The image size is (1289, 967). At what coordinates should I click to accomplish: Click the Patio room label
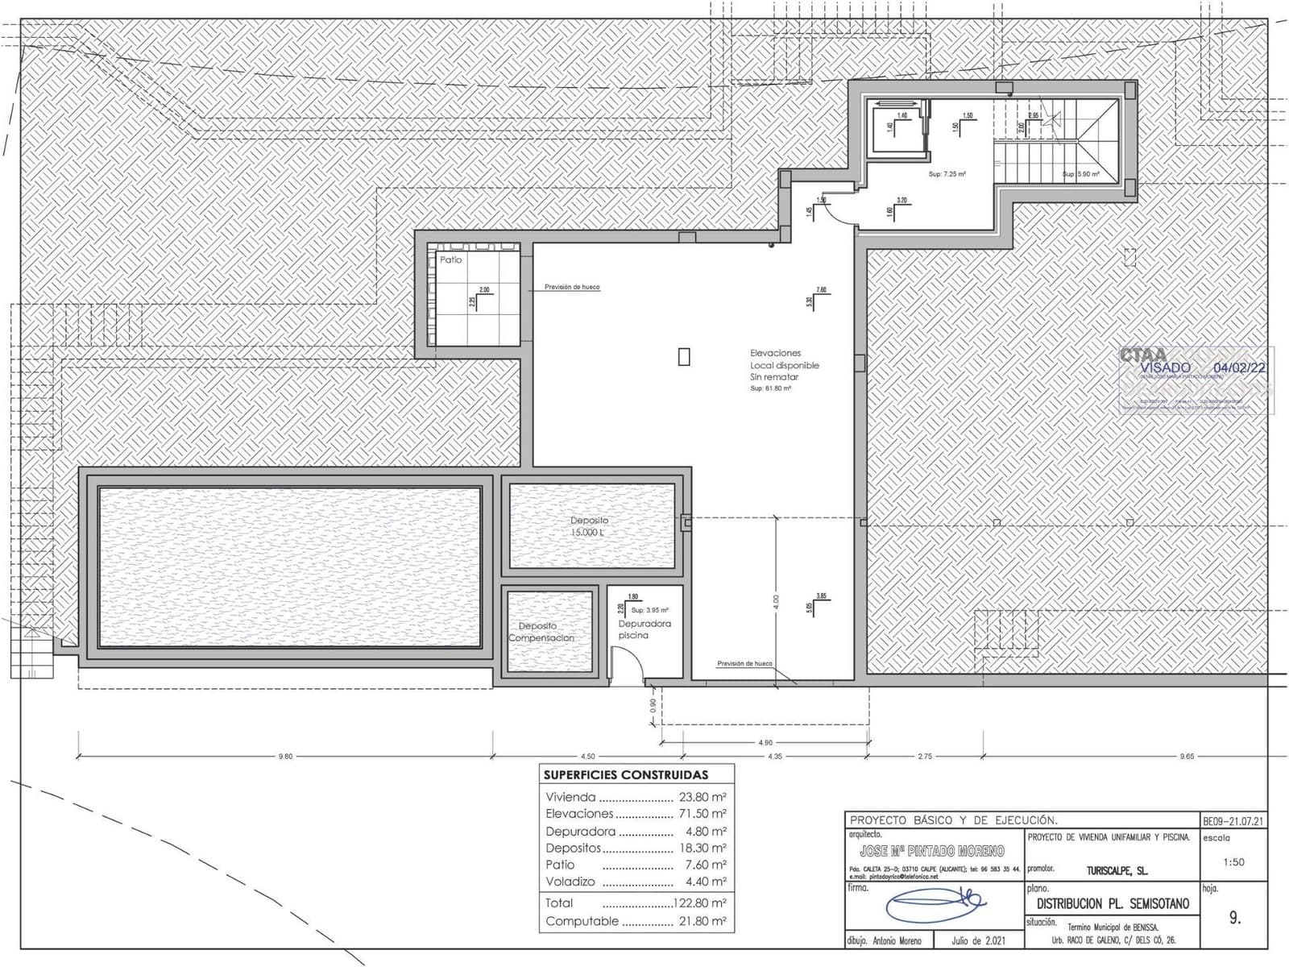(451, 259)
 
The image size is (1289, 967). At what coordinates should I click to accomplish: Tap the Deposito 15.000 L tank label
(590, 527)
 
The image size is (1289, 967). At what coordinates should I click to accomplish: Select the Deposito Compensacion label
(541, 632)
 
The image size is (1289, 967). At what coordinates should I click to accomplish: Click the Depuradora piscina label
(644, 629)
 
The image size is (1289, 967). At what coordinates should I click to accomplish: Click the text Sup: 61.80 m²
(770, 388)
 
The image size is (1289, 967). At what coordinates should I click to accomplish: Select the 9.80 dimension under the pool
(285, 756)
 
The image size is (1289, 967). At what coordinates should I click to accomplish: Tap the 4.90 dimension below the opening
(765, 742)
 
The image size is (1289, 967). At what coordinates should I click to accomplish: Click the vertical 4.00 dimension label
(776, 600)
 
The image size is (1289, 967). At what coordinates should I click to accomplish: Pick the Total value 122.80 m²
(699, 903)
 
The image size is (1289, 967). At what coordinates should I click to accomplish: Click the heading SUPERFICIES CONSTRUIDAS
(626, 774)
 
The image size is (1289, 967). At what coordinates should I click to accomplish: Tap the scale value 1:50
(1233, 862)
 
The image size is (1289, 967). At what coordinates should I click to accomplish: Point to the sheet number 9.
(1235, 918)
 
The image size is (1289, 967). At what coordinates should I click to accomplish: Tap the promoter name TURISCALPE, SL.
(1117, 871)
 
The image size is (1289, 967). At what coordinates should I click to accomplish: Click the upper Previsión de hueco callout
(572, 287)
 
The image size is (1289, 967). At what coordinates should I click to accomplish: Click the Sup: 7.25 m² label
(947, 174)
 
